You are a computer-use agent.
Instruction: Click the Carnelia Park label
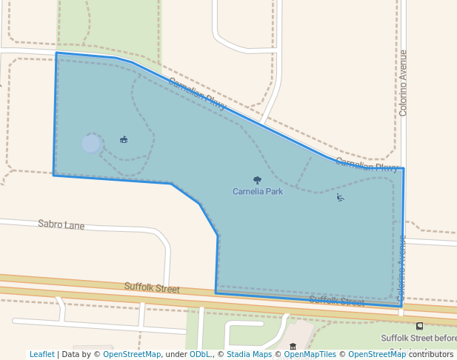(x=258, y=191)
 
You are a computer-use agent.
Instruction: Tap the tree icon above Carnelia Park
(x=257, y=180)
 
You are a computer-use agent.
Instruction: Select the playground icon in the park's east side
(x=340, y=198)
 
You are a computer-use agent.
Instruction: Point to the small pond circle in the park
(x=91, y=144)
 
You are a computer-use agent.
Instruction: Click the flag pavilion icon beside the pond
(x=124, y=139)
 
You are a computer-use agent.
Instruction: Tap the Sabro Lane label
(x=61, y=224)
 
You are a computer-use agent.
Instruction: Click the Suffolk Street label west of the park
(x=152, y=287)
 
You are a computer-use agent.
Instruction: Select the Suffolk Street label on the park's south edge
(x=336, y=301)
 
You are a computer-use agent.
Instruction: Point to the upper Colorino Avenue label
(x=403, y=83)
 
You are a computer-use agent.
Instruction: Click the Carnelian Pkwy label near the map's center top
(x=197, y=94)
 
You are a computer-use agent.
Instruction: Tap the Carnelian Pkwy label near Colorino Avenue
(x=367, y=164)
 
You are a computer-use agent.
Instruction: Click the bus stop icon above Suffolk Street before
(x=420, y=326)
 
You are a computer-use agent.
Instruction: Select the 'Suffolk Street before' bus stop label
(x=418, y=339)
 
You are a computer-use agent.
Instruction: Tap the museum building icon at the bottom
(x=293, y=346)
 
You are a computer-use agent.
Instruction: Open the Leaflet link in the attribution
(x=41, y=354)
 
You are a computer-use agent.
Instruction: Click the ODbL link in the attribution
(x=200, y=354)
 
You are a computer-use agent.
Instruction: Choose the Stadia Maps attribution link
(x=249, y=354)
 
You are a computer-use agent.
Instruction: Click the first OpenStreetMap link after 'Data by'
(x=132, y=354)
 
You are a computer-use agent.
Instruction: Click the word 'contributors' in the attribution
(x=431, y=354)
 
